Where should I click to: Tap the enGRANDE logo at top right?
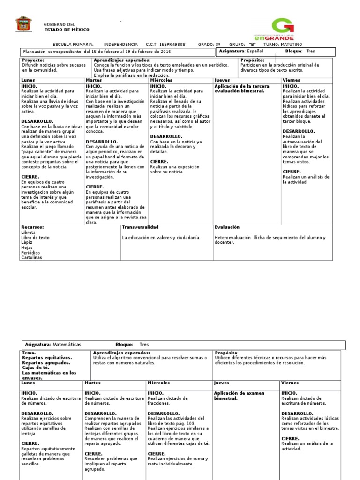pyautogui.click(x=280, y=30)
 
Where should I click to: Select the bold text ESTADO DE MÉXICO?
pyautogui.click(x=66, y=30)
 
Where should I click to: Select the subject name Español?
pyautogui.click(x=255, y=51)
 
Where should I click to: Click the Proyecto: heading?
pyautogui.click(x=33, y=60)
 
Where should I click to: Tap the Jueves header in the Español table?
pyautogui.click(x=222, y=81)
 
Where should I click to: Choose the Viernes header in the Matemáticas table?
pyautogui.click(x=290, y=383)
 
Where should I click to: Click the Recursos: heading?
pyautogui.click(x=33, y=227)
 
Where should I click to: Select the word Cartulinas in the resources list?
pyautogui.click(x=32, y=257)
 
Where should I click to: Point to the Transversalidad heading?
pyautogui.click(x=141, y=227)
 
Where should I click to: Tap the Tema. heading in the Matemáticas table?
pyautogui.click(x=29, y=352)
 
